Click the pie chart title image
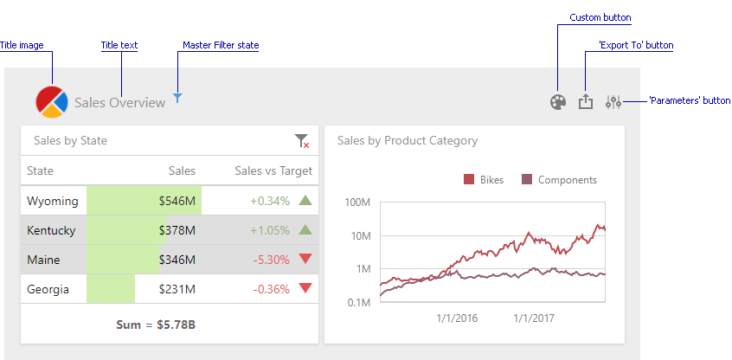pos(51,101)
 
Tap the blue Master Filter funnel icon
pos(177,99)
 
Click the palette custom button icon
pos(558,102)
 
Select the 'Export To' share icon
pos(586,102)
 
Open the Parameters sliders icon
pos(613,102)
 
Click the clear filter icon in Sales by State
pos(301,141)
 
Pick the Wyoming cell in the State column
pos(53,201)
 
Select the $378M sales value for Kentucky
pos(177,230)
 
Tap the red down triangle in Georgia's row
pos(305,288)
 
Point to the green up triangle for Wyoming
pos(305,201)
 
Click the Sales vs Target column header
pos(273,171)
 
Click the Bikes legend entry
pos(484,180)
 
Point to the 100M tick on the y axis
pos(357,202)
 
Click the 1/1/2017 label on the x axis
pos(535,318)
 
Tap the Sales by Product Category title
pos(407,140)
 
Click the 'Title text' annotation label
pos(119,45)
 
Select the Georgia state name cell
pos(48,289)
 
